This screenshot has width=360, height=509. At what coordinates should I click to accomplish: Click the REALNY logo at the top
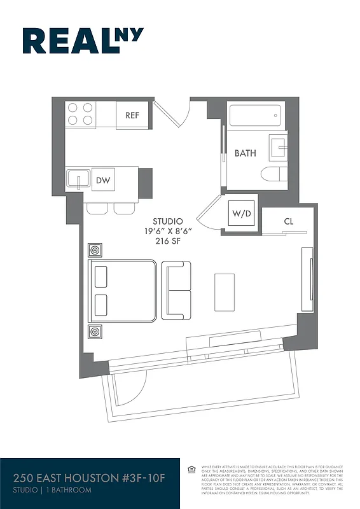[x=83, y=41]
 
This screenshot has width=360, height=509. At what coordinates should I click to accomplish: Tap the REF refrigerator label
[x=132, y=115]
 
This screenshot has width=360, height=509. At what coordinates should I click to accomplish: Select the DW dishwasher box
[x=103, y=181]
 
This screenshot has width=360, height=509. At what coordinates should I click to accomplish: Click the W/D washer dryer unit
[x=242, y=213]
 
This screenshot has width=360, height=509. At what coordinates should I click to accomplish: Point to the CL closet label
[x=288, y=221]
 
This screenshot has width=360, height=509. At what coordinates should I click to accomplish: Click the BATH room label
[x=245, y=153]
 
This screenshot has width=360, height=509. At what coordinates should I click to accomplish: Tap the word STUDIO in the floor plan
[x=167, y=221]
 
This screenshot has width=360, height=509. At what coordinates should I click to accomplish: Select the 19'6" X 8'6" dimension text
[x=167, y=231]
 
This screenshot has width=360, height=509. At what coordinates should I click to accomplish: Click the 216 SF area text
[x=167, y=241]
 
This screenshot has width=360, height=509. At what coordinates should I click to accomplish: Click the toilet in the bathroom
[x=273, y=174]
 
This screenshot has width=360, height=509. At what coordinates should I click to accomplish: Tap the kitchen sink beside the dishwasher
[x=78, y=179]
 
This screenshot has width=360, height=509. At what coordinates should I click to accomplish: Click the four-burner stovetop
[x=80, y=114]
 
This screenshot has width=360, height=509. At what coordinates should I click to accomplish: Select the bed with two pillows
[x=122, y=290]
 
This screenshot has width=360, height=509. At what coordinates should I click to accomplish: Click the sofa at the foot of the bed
[x=176, y=290]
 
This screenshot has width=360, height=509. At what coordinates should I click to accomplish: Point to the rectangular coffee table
[x=225, y=290]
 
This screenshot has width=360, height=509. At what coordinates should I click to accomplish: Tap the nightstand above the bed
[x=95, y=249]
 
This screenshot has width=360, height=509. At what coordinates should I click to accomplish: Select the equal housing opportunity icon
[x=191, y=470]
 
